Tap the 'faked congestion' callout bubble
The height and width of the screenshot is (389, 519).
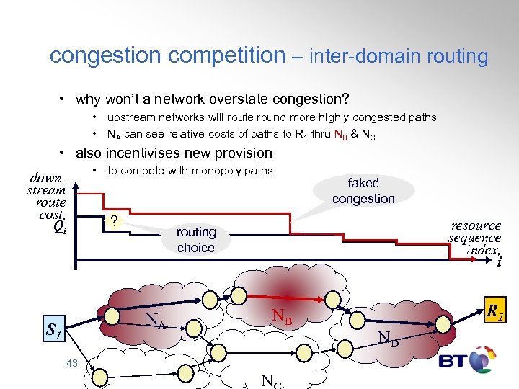[x=363, y=191]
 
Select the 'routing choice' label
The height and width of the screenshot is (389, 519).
[x=196, y=240]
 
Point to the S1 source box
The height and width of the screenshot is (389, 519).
[x=53, y=331]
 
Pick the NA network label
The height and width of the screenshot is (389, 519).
[x=155, y=321]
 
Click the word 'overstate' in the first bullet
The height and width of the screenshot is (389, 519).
[x=236, y=97]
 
